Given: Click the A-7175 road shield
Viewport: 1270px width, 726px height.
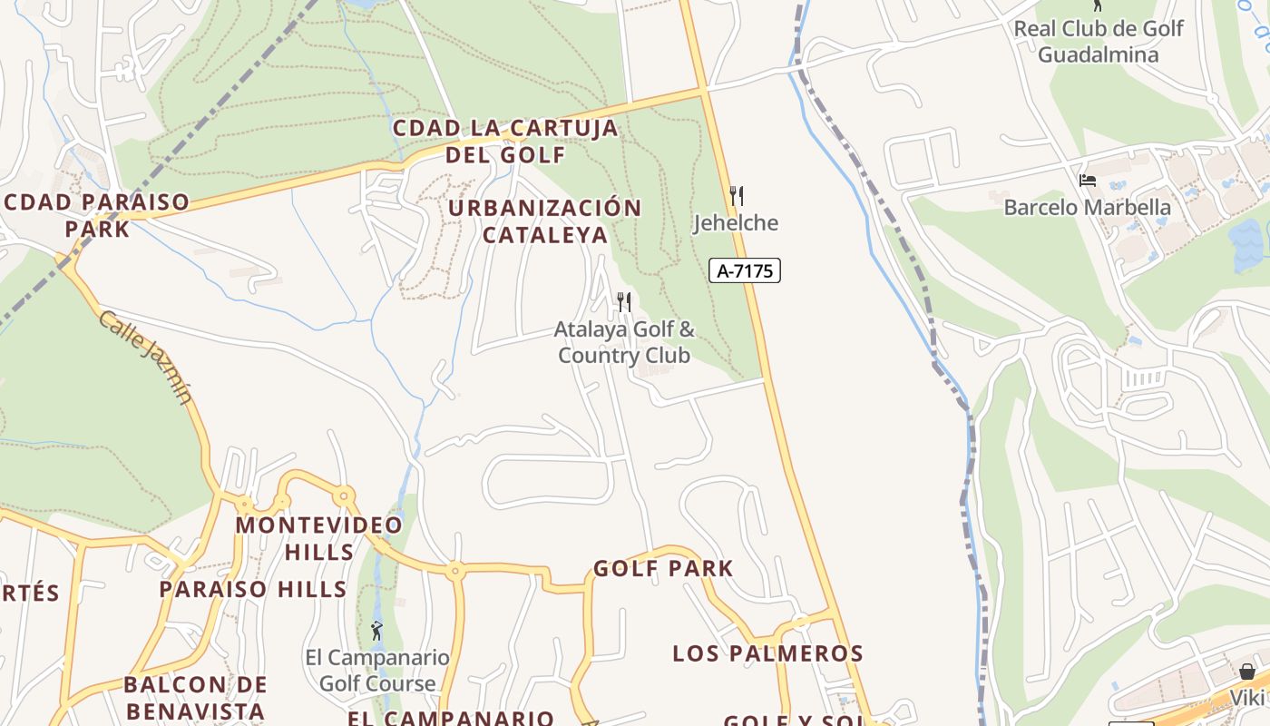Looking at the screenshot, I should pyautogui.click(x=745, y=270).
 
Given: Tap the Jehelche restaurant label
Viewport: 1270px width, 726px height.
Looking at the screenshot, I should pyautogui.click(x=736, y=222).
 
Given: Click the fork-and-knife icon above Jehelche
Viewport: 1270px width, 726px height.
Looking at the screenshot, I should pyautogui.click(x=737, y=195).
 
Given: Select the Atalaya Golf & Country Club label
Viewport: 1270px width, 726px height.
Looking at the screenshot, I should pyautogui.click(x=624, y=341).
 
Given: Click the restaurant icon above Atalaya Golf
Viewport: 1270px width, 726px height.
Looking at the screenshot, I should pyautogui.click(x=624, y=301).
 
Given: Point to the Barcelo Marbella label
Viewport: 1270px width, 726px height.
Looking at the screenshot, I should pyautogui.click(x=1087, y=207).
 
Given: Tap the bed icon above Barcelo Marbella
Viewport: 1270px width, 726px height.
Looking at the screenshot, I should pyautogui.click(x=1088, y=180).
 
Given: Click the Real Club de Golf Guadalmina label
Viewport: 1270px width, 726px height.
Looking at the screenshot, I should pyautogui.click(x=1098, y=41).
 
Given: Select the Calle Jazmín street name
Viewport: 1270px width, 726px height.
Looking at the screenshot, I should pyautogui.click(x=146, y=357).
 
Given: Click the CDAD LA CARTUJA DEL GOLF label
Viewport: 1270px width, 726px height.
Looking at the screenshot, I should pyautogui.click(x=505, y=141).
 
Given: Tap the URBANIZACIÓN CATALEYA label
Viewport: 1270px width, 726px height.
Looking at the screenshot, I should pyautogui.click(x=544, y=221).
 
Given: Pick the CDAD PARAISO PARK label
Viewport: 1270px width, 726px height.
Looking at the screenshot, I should pyautogui.click(x=97, y=214).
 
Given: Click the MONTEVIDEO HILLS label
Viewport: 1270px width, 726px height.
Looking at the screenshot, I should pyautogui.click(x=319, y=538).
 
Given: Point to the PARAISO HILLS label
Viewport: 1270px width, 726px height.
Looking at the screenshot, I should pyautogui.click(x=253, y=589).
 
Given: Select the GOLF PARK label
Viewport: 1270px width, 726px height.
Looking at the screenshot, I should pyautogui.click(x=663, y=569).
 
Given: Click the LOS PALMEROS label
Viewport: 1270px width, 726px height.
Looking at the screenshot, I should pyautogui.click(x=767, y=653).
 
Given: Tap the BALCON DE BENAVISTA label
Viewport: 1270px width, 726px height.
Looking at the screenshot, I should pyautogui.click(x=195, y=697).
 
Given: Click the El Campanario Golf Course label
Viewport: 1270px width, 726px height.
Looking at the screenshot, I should pyautogui.click(x=377, y=670).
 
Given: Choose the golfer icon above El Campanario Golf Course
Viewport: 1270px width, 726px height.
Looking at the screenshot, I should pyautogui.click(x=376, y=630).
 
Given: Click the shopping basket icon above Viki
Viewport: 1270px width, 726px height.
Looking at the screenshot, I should pyautogui.click(x=1247, y=672).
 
